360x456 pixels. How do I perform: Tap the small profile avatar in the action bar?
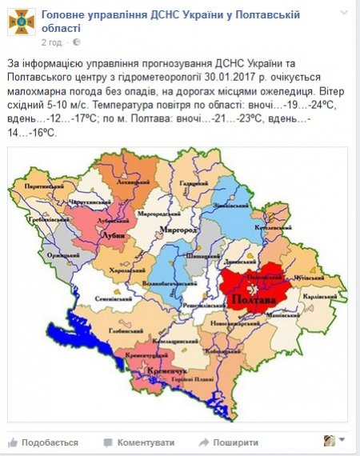329,441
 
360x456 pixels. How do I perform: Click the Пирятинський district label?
44,185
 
